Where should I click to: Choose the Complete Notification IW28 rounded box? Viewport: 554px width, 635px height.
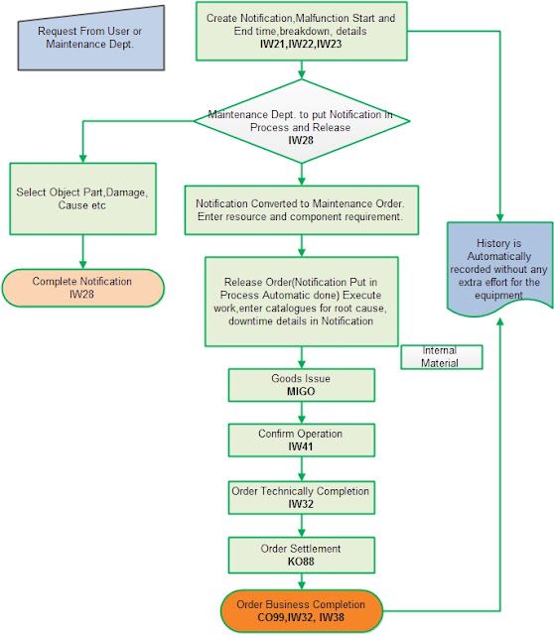coord(81,287)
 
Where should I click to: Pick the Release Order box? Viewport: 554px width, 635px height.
coord(301,288)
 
